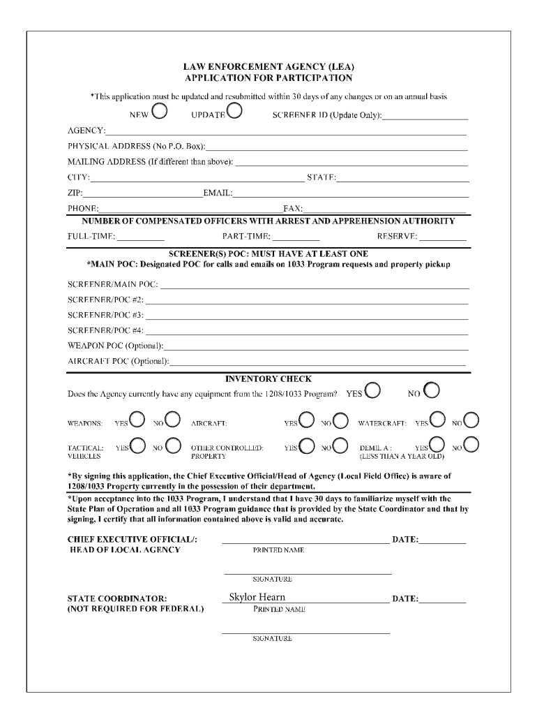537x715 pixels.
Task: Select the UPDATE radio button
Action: point(234,111)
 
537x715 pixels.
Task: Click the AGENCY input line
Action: point(286,131)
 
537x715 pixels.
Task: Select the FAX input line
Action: point(385,209)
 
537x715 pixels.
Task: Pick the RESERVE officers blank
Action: point(443,237)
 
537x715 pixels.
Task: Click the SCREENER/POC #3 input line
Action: point(306,316)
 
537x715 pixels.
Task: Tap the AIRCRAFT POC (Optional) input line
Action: point(318,362)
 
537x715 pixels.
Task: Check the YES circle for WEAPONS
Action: point(137,420)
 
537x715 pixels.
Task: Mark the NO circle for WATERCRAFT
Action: point(471,420)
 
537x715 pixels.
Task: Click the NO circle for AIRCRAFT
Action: point(340,420)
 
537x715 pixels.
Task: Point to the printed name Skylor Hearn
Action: point(257,598)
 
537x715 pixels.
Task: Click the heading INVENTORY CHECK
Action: point(268,379)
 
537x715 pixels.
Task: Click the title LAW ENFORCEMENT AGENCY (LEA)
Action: point(268,67)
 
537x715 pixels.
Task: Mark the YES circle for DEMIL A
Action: point(438,445)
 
